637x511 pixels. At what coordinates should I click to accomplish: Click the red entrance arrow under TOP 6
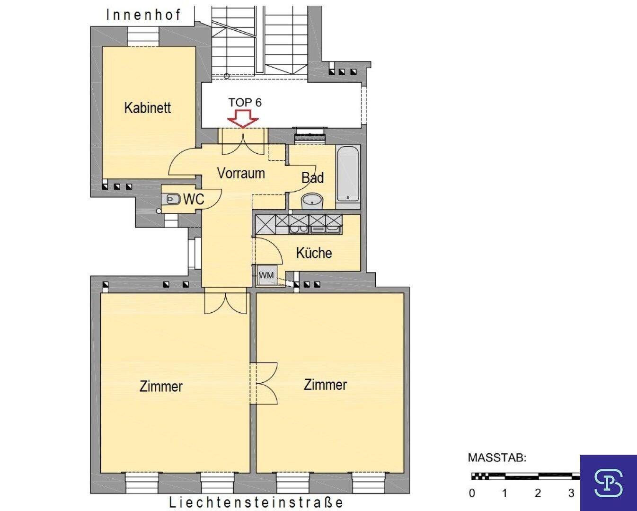coord(243,119)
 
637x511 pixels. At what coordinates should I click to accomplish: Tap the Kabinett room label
coord(147,108)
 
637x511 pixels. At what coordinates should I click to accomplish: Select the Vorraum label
coord(241,173)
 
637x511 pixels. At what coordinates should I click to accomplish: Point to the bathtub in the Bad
coord(348,174)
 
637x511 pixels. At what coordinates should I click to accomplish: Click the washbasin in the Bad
coord(312,201)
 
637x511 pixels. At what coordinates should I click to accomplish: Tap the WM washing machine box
coord(266,275)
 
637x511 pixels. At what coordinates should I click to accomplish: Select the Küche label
coord(314,253)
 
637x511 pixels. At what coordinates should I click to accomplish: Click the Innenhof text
coord(143,15)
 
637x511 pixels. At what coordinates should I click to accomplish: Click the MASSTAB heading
coord(497,458)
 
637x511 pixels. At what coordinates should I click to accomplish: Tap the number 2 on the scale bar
coord(538,493)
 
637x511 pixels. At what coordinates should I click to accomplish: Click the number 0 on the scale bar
coord(472,493)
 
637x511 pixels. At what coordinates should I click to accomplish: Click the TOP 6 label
coord(245,102)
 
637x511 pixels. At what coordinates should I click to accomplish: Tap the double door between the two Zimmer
coord(264,383)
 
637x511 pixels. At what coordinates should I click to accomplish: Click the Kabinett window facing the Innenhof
coord(143,36)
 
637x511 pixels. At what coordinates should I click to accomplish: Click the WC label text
coord(194,199)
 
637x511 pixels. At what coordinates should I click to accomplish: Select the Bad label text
coord(312,178)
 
